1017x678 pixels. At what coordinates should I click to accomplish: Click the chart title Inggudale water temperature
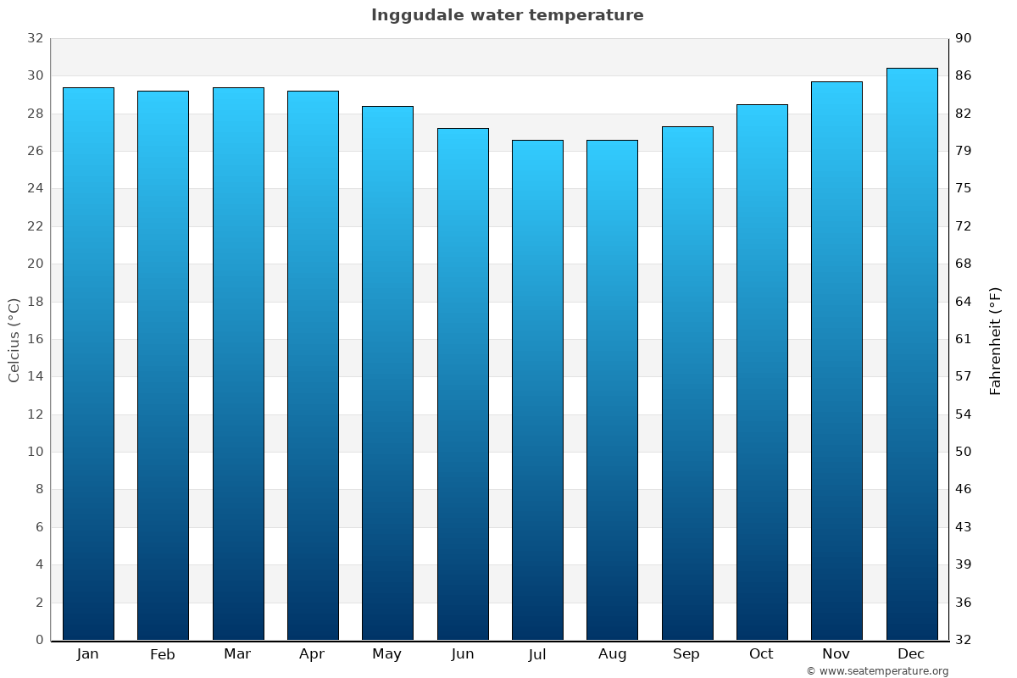point(507,15)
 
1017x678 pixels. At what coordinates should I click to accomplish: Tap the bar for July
point(537,390)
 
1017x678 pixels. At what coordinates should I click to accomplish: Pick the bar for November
point(836,361)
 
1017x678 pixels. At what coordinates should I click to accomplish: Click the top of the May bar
point(387,107)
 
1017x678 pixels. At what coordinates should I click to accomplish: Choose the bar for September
point(687,383)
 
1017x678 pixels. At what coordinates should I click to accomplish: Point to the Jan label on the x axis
point(87,654)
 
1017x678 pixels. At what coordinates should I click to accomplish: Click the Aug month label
point(612,654)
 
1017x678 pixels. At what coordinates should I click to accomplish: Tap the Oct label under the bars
point(761,654)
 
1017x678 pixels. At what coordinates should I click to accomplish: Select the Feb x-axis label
point(162,654)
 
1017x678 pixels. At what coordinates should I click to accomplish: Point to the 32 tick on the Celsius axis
point(35,38)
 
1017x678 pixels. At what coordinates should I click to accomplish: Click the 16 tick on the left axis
point(35,339)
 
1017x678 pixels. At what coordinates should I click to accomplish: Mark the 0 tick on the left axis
point(39,640)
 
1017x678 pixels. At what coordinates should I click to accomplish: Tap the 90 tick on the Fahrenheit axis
point(964,38)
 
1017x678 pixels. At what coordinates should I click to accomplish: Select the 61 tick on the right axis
point(964,339)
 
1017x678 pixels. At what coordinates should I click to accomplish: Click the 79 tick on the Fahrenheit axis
point(964,151)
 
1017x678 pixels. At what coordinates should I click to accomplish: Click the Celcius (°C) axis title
point(14,340)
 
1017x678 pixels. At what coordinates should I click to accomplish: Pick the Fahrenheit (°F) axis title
point(995,340)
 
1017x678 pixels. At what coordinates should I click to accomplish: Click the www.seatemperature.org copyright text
point(876,671)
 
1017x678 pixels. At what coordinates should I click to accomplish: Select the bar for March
point(238,364)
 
